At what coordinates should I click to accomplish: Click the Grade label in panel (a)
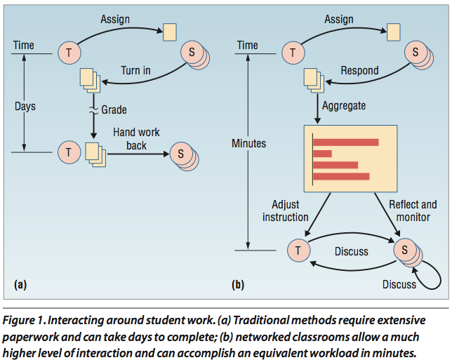114,109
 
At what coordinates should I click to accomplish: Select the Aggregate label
344,106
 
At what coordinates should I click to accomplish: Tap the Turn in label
135,71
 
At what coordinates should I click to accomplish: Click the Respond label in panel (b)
359,71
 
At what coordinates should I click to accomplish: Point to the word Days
25,107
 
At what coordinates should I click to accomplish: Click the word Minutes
248,143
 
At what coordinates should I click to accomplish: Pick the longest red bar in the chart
346,142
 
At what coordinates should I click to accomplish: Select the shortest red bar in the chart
323,154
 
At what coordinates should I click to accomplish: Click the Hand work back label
136,139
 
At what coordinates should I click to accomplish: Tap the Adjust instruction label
286,211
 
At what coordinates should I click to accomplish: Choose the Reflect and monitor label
413,211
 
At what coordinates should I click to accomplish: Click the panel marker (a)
20,285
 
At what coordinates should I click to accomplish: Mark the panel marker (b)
238,285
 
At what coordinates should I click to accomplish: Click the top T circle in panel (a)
69,53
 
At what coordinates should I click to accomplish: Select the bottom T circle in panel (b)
299,251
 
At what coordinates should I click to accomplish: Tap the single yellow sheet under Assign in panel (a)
170,32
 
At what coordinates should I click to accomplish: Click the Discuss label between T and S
352,252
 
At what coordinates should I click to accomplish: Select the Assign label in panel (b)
339,20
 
